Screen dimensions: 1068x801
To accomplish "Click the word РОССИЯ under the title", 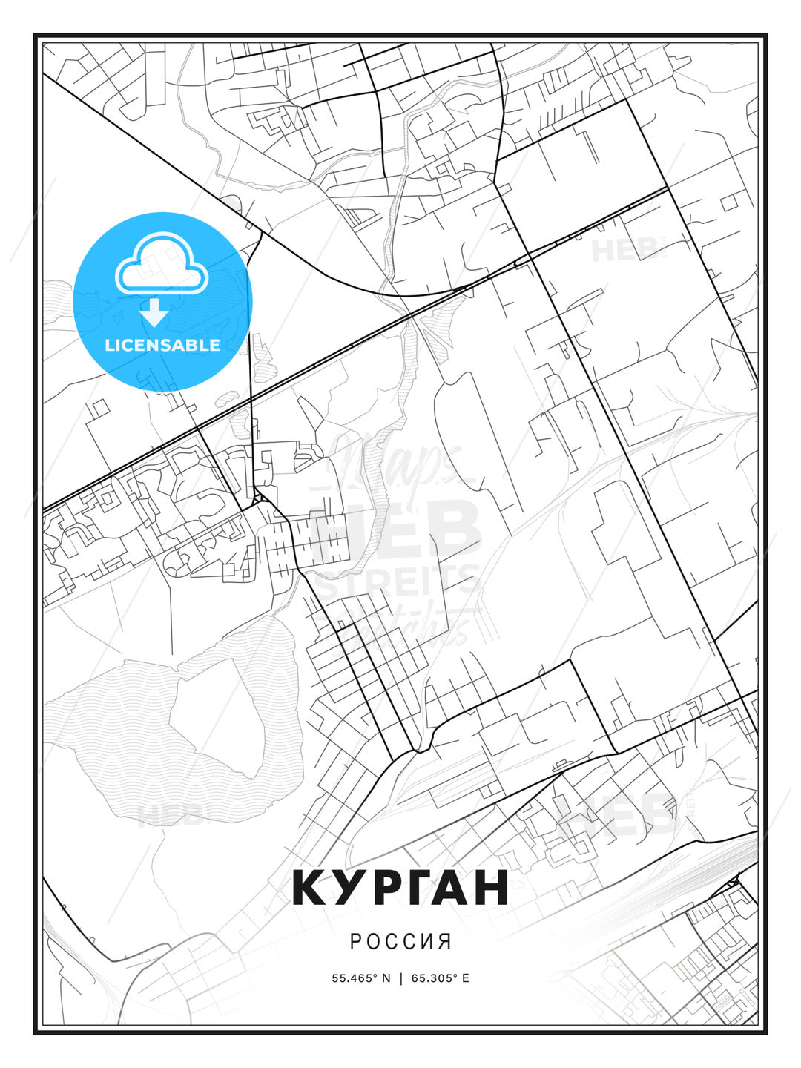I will (x=400, y=942).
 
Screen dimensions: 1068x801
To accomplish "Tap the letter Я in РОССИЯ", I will (x=446, y=942).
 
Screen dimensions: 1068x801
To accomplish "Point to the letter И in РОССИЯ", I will (x=429, y=942).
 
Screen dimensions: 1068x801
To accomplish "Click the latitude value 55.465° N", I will (x=361, y=978).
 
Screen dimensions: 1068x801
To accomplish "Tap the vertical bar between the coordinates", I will (x=401, y=978).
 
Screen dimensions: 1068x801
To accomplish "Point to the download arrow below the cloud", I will (x=154, y=313).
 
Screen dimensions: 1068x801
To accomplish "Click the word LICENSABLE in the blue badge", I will (x=162, y=345).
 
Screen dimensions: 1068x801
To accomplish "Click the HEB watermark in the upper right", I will (x=627, y=251).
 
